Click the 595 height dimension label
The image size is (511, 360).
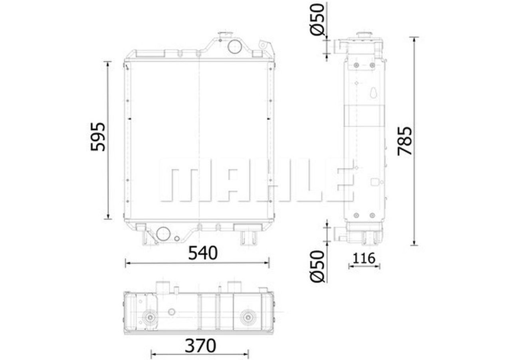(98, 137)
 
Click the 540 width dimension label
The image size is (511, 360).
(203, 253)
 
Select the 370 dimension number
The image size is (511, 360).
(200, 346)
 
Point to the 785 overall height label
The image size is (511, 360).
(405, 141)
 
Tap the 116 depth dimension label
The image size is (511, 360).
(364, 258)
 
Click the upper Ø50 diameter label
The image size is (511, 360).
(317, 20)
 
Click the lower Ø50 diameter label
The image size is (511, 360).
(317, 267)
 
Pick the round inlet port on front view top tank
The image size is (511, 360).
(234, 47)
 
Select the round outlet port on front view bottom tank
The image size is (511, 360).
(163, 233)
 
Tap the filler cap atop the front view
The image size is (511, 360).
(225, 36)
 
